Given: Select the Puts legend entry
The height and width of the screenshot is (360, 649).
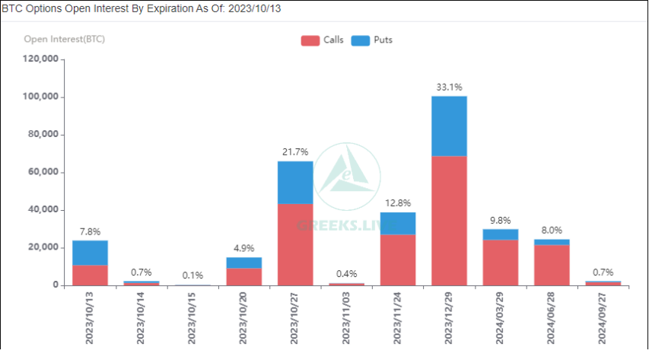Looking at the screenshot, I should pyautogui.click(x=372, y=40).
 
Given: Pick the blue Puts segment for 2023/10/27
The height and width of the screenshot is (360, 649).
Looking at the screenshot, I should pyautogui.click(x=294, y=182).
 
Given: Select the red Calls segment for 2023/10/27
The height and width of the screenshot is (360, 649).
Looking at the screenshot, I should pyautogui.click(x=294, y=244).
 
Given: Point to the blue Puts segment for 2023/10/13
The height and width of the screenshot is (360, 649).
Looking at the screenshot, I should pyautogui.click(x=90, y=253).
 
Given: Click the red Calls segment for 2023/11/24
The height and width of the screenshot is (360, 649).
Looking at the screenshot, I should pyautogui.click(x=397, y=260).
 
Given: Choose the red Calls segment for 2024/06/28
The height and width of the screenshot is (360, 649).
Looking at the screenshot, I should pyautogui.click(x=552, y=265).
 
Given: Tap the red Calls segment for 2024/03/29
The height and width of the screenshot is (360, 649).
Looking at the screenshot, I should pyautogui.click(x=500, y=263).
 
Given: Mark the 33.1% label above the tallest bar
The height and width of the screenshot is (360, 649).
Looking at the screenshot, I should pyautogui.click(x=449, y=88).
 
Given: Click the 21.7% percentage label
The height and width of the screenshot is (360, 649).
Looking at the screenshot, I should pyautogui.click(x=294, y=153).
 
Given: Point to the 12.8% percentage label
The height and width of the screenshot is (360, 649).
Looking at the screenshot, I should pyautogui.click(x=397, y=203).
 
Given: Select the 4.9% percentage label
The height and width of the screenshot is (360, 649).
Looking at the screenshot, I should pyautogui.click(x=243, y=248).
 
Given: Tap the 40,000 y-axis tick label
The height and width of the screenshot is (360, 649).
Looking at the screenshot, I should pyautogui.click(x=43, y=210).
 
